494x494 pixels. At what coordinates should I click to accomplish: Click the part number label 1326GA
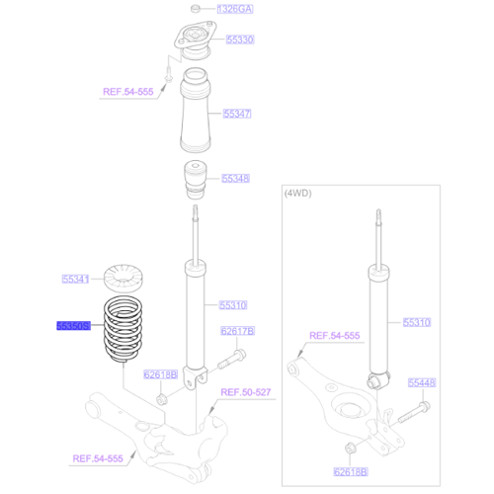point(235,8)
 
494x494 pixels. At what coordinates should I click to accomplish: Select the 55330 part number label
point(240,40)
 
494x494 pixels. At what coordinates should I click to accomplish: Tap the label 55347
point(237,114)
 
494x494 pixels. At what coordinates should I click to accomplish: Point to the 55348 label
point(235,179)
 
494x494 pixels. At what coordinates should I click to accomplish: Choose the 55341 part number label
point(76,279)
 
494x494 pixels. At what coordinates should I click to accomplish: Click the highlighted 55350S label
point(74,323)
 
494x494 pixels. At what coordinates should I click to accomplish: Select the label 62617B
point(237,331)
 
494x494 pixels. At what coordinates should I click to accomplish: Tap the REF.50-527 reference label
point(244,392)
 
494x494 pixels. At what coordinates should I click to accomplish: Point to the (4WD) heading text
point(297,194)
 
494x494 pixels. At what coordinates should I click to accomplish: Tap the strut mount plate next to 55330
point(193,44)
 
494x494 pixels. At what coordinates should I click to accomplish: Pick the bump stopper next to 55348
point(197,178)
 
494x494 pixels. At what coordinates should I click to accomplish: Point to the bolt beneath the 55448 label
point(416,404)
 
